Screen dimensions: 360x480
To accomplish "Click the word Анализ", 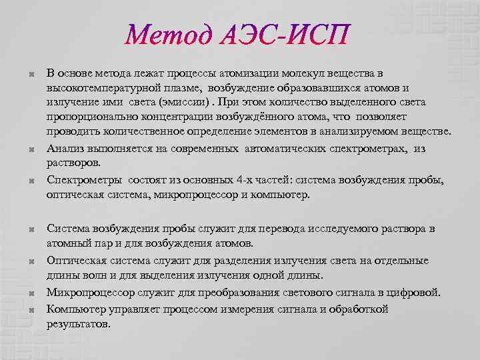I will pyautogui.click(x=65, y=148).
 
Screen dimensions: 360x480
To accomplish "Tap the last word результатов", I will pyautogui.click(x=77, y=324).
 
